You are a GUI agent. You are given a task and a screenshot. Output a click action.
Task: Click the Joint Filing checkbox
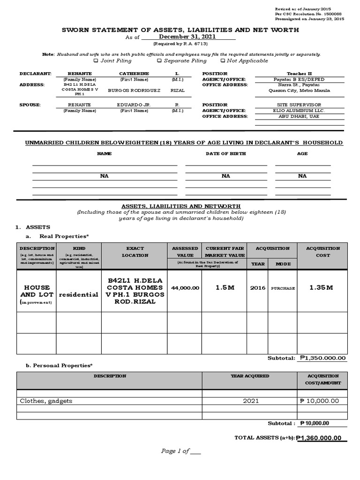(x=96, y=61)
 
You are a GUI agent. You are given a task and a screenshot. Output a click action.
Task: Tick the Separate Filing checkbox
(x=159, y=61)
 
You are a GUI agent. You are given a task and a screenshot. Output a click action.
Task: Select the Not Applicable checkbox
(x=222, y=61)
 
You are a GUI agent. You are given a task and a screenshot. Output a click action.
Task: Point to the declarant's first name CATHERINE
(x=134, y=74)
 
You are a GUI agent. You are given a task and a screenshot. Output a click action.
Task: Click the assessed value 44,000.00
(x=185, y=288)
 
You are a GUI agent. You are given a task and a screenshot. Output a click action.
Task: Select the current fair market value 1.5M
(x=225, y=287)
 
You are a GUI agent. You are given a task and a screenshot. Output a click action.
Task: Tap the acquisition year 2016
(x=258, y=288)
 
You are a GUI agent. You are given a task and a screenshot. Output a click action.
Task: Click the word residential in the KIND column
(x=78, y=295)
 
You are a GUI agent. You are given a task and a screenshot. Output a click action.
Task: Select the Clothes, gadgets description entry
(x=46, y=401)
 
